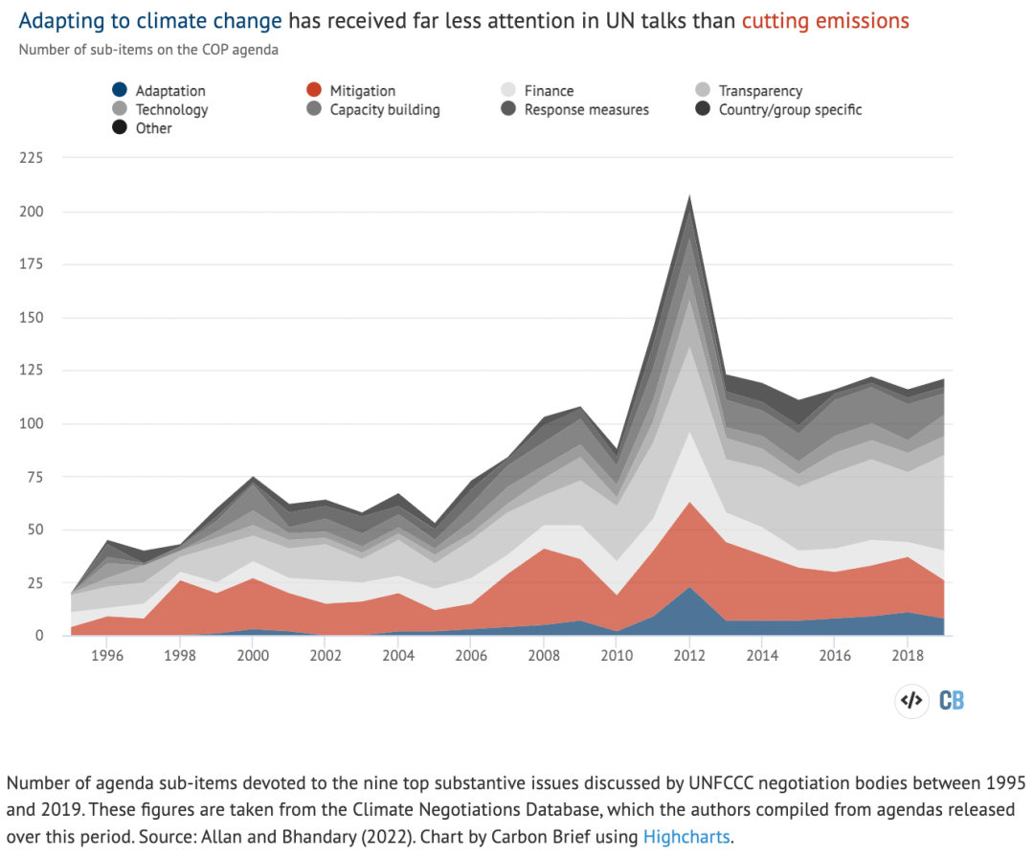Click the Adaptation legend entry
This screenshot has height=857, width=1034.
[x=159, y=90]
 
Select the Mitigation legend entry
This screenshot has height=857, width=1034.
[x=350, y=90]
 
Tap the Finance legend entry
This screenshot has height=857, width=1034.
[x=537, y=90]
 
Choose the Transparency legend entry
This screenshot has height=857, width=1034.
[x=749, y=90]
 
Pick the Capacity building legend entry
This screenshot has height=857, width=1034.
[x=373, y=109]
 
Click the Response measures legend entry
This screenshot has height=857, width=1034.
[x=575, y=109]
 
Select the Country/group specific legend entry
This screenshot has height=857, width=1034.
[x=778, y=109]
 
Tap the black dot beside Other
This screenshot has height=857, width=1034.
[x=120, y=127]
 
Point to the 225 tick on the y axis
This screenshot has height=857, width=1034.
[x=31, y=158]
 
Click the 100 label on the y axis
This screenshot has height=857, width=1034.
[x=31, y=423]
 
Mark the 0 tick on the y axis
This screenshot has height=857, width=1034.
[x=39, y=635]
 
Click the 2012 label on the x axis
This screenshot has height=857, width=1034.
[x=689, y=655]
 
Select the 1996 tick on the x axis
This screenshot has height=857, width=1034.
[x=107, y=655]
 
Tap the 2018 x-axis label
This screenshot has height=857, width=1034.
[x=908, y=655]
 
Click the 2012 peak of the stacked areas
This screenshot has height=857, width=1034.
[x=689, y=196]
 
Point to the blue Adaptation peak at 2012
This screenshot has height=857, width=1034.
[x=689, y=587]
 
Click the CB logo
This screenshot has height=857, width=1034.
[x=952, y=701]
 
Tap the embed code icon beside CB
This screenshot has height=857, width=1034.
[x=911, y=701]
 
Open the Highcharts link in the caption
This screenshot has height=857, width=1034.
[x=686, y=837]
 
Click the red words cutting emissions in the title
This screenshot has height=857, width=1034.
[x=825, y=21]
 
